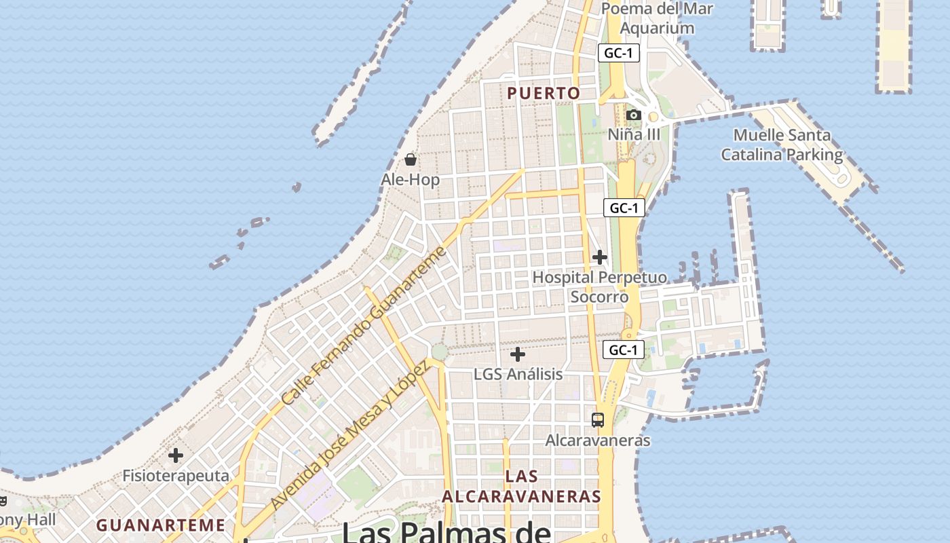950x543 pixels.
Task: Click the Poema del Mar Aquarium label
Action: coord(657,18)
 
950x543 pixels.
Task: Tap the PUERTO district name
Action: coord(544,94)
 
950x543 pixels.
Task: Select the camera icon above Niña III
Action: coord(633,115)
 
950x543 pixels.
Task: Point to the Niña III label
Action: coord(633,134)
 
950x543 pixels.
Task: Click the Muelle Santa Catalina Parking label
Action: coord(782,145)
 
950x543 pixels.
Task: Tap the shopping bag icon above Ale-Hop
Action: coord(411,160)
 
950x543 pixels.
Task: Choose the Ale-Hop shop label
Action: coord(411,180)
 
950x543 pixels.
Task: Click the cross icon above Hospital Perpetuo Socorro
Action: coord(600,257)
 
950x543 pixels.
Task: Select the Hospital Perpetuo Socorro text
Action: coord(599,287)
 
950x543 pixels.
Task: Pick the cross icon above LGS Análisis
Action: coord(518,354)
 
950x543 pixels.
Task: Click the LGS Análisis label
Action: coord(518,374)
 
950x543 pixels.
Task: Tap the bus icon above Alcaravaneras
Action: coord(598,420)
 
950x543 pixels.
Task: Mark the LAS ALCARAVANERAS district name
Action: coord(522,486)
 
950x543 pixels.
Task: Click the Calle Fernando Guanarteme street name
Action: coord(364,326)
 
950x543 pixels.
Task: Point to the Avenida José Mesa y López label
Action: coord(350,435)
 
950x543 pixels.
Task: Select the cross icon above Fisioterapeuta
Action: coord(176,455)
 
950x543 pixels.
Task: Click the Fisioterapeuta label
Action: coord(176,475)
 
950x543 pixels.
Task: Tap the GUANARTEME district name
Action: coord(160,525)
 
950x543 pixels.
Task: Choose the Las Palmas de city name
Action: coord(446,531)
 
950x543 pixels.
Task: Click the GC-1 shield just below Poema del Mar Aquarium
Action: coord(619,53)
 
